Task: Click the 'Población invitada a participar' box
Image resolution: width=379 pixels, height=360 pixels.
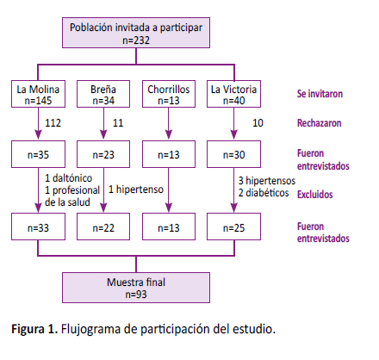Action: pyautogui.click(x=136, y=33)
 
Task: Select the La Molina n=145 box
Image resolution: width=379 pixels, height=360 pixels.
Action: pyautogui.click(x=38, y=94)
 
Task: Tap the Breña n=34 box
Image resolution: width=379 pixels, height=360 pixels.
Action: pyautogui.click(x=103, y=94)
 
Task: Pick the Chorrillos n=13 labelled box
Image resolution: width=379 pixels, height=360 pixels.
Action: pyautogui.click(x=169, y=94)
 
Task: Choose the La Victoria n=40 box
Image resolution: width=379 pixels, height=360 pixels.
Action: pyautogui.click(x=233, y=94)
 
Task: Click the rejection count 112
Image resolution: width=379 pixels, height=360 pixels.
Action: pyautogui.click(x=53, y=123)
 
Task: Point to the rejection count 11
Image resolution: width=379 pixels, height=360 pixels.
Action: pyautogui.click(x=118, y=123)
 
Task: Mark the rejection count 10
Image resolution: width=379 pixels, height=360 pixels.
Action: pyautogui.click(x=258, y=123)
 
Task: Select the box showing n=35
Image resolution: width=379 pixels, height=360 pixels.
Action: pyautogui.click(x=38, y=154)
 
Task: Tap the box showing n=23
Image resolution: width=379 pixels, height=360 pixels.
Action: pyautogui.click(x=103, y=154)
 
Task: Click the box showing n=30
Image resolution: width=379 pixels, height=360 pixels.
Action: pyautogui.click(x=233, y=154)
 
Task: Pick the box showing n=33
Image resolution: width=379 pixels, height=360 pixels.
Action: pyautogui.click(x=38, y=227)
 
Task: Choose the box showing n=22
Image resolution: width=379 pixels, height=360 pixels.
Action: pyautogui.click(x=103, y=227)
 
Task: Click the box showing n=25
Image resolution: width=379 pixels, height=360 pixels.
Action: pyautogui.click(x=233, y=227)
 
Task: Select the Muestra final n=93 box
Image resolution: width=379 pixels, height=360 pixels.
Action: pyautogui.click(x=136, y=288)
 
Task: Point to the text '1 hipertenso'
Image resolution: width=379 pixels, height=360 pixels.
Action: pyautogui.click(x=136, y=189)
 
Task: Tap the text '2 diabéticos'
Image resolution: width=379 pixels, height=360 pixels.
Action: pyautogui.click(x=264, y=193)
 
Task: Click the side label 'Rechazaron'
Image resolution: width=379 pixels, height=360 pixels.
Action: pyautogui.click(x=320, y=123)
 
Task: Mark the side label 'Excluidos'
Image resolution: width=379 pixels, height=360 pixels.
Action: pyautogui.click(x=315, y=195)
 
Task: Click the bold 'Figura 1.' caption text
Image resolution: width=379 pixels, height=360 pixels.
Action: pyautogui.click(x=34, y=329)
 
